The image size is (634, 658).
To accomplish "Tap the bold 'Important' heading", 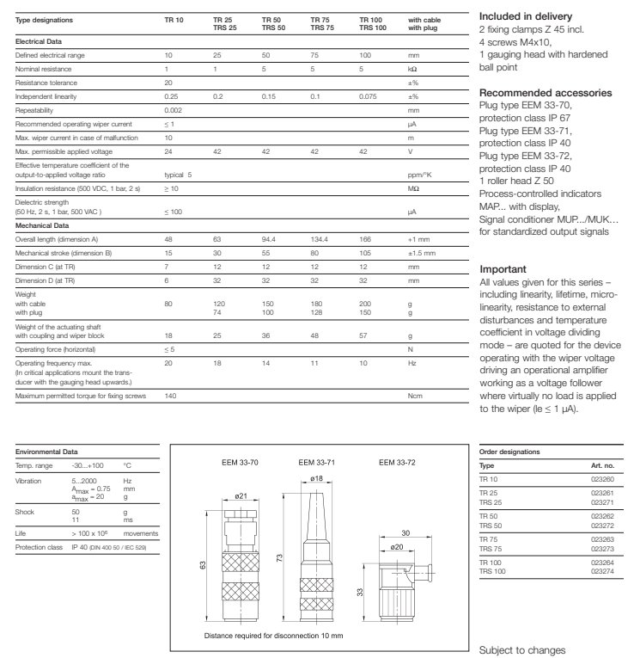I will (503, 269).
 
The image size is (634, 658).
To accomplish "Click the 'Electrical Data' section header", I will (39, 41).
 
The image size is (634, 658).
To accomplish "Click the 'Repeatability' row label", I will (35, 112).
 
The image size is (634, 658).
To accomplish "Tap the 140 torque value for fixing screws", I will (169, 395).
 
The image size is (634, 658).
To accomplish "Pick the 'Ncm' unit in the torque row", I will (414, 395).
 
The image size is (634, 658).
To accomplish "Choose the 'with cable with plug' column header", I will (423, 23).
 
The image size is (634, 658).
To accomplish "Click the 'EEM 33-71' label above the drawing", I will (315, 462).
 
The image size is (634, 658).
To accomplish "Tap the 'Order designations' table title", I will (507, 451).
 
